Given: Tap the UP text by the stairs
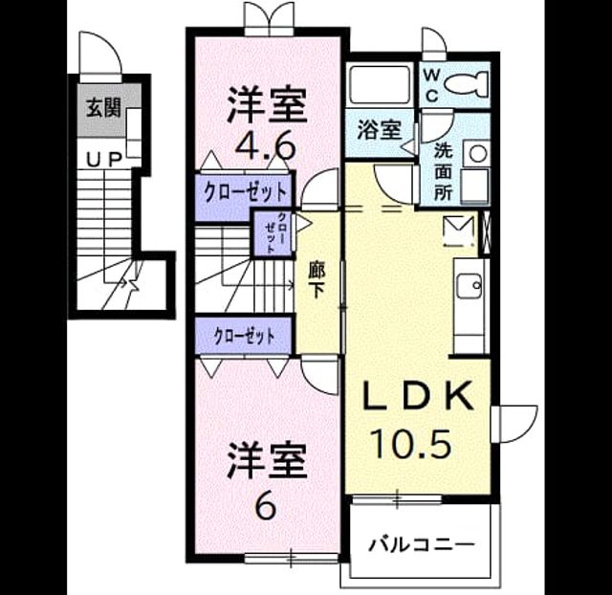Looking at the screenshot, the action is [x=104, y=160].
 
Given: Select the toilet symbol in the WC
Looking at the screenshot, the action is [x=467, y=83].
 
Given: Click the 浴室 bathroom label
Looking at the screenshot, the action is [x=380, y=130].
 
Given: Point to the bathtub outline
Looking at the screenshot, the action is [x=379, y=85].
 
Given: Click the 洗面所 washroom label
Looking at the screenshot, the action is [x=444, y=172].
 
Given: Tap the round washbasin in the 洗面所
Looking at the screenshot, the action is [x=477, y=153].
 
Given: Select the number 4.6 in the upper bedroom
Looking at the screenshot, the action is [x=265, y=146].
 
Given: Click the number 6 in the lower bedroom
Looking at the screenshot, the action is [x=267, y=506].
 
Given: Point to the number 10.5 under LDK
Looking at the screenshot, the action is [x=412, y=443].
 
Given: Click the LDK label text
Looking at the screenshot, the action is [x=418, y=394].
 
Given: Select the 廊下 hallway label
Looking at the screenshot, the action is [x=317, y=279].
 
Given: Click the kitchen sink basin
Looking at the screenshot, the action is [x=470, y=285].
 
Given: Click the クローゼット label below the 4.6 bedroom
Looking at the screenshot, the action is [x=245, y=192].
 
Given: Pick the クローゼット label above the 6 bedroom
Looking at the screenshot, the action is [x=245, y=336].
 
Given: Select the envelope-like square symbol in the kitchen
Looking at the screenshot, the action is [x=459, y=231].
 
